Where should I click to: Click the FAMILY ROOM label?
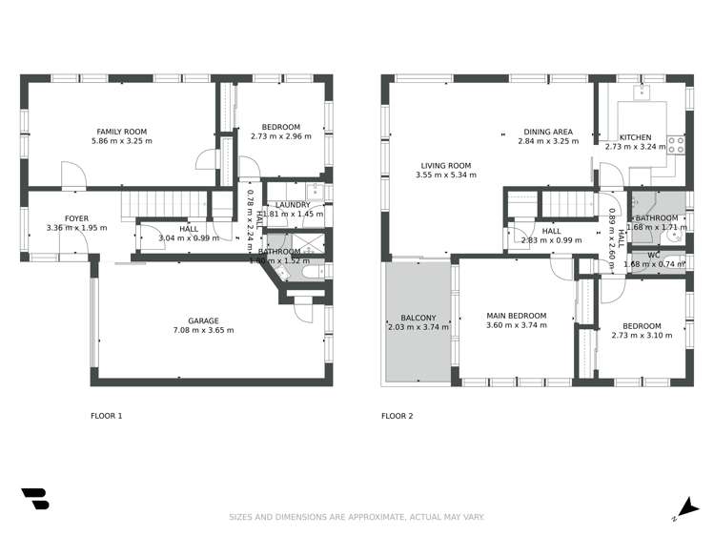coord(121,131)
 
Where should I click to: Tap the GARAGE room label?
coord(203,320)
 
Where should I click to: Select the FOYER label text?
coord(76,218)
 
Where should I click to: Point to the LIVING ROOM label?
coord(445,165)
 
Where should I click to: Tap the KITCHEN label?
coord(636,137)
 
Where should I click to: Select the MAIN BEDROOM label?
coord(516,316)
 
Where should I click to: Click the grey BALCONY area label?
coord(418,318)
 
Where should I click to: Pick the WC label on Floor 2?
coord(654,255)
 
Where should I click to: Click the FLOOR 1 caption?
coord(106,416)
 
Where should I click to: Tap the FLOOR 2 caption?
coord(398,416)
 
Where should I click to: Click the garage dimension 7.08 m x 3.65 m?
coord(203,330)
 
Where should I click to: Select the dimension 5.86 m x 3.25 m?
coord(121,141)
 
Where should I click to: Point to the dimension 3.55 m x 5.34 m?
coord(445,175)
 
